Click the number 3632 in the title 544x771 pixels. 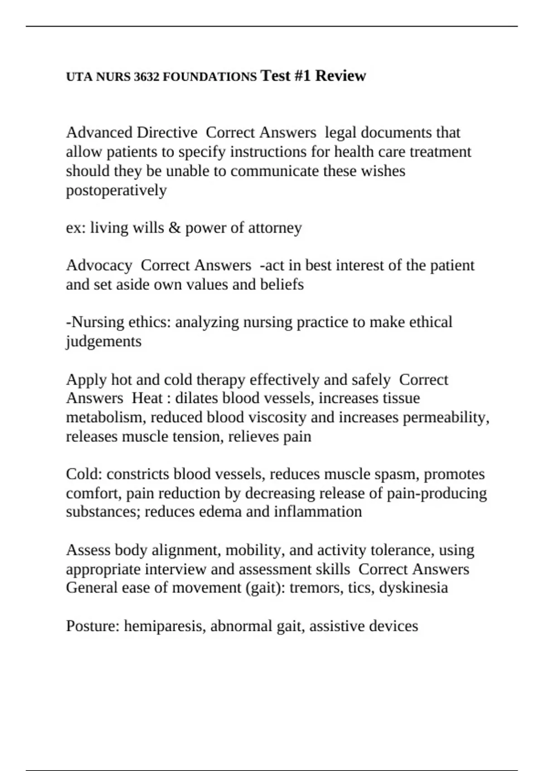click(146, 77)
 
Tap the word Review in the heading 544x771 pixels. click(340, 76)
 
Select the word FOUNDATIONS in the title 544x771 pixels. click(209, 77)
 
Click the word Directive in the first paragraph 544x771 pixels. click(167, 132)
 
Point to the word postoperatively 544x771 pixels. click(116, 190)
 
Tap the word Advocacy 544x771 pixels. click(99, 265)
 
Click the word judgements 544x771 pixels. click(104, 342)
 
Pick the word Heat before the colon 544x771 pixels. click(147, 398)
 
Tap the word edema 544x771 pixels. click(214, 512)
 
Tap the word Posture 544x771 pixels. click(92, 626)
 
